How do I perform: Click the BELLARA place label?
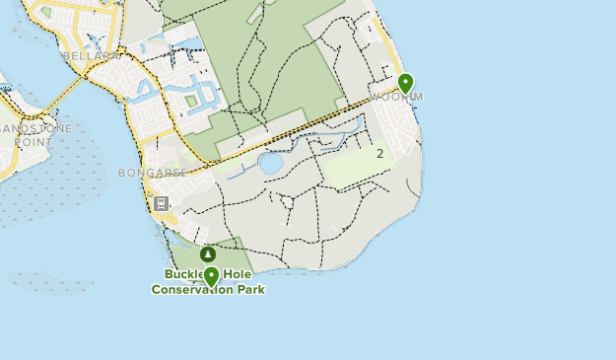92,56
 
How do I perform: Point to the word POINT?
33,142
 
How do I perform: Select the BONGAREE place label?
153,173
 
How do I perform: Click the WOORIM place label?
398,97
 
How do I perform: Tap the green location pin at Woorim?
405,84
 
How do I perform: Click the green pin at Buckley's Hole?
210,276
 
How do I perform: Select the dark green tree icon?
208,255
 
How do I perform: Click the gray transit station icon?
161,204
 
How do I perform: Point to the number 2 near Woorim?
379,153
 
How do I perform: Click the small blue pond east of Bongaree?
270,163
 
